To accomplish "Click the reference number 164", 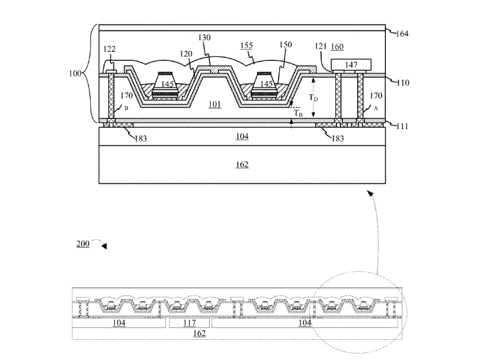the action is tap(402, 34).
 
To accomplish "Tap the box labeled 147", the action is tap(351, 65).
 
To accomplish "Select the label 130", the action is tap(204, 38).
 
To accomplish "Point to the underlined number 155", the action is tap(247, 46).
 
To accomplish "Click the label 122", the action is tap(109, 49).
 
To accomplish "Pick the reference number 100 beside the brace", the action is tap(75, 73).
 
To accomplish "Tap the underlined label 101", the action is tap(215, 104).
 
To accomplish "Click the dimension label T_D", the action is tap(313, 98).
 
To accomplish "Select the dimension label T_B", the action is tap(298, 113).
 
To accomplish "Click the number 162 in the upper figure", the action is tap(242, 165).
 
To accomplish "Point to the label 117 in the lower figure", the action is tap(190, 323).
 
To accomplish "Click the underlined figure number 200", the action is tap(82, 244).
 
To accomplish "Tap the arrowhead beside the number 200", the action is tap(104, 246).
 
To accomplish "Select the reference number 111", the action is tap(402, 126).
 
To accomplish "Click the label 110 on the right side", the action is tap(402, 82).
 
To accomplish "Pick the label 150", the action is tap(285, 44).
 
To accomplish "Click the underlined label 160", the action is tap(337, 47).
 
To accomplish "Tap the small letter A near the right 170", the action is tap(376, 108).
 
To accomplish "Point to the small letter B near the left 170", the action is tap(126, 108).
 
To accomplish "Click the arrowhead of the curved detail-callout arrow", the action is tap(370, 193).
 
